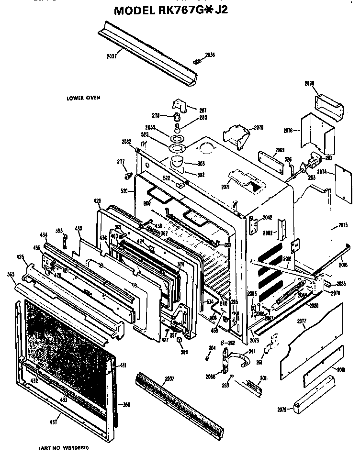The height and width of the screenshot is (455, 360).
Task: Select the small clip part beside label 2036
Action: [x=195, y=60]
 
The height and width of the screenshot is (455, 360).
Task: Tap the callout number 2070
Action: [x=259, y=127]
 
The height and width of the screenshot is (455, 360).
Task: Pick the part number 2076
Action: [x=288, y=130]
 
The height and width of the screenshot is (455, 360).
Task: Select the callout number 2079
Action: [x=282, y=409]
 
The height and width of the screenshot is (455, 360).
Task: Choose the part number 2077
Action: [x=301, y=321]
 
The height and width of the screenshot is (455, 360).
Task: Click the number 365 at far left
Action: [x=10, y=274]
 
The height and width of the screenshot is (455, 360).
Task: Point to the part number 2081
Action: [x=341, y=369]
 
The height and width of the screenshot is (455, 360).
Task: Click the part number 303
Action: [x=201, y=164]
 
